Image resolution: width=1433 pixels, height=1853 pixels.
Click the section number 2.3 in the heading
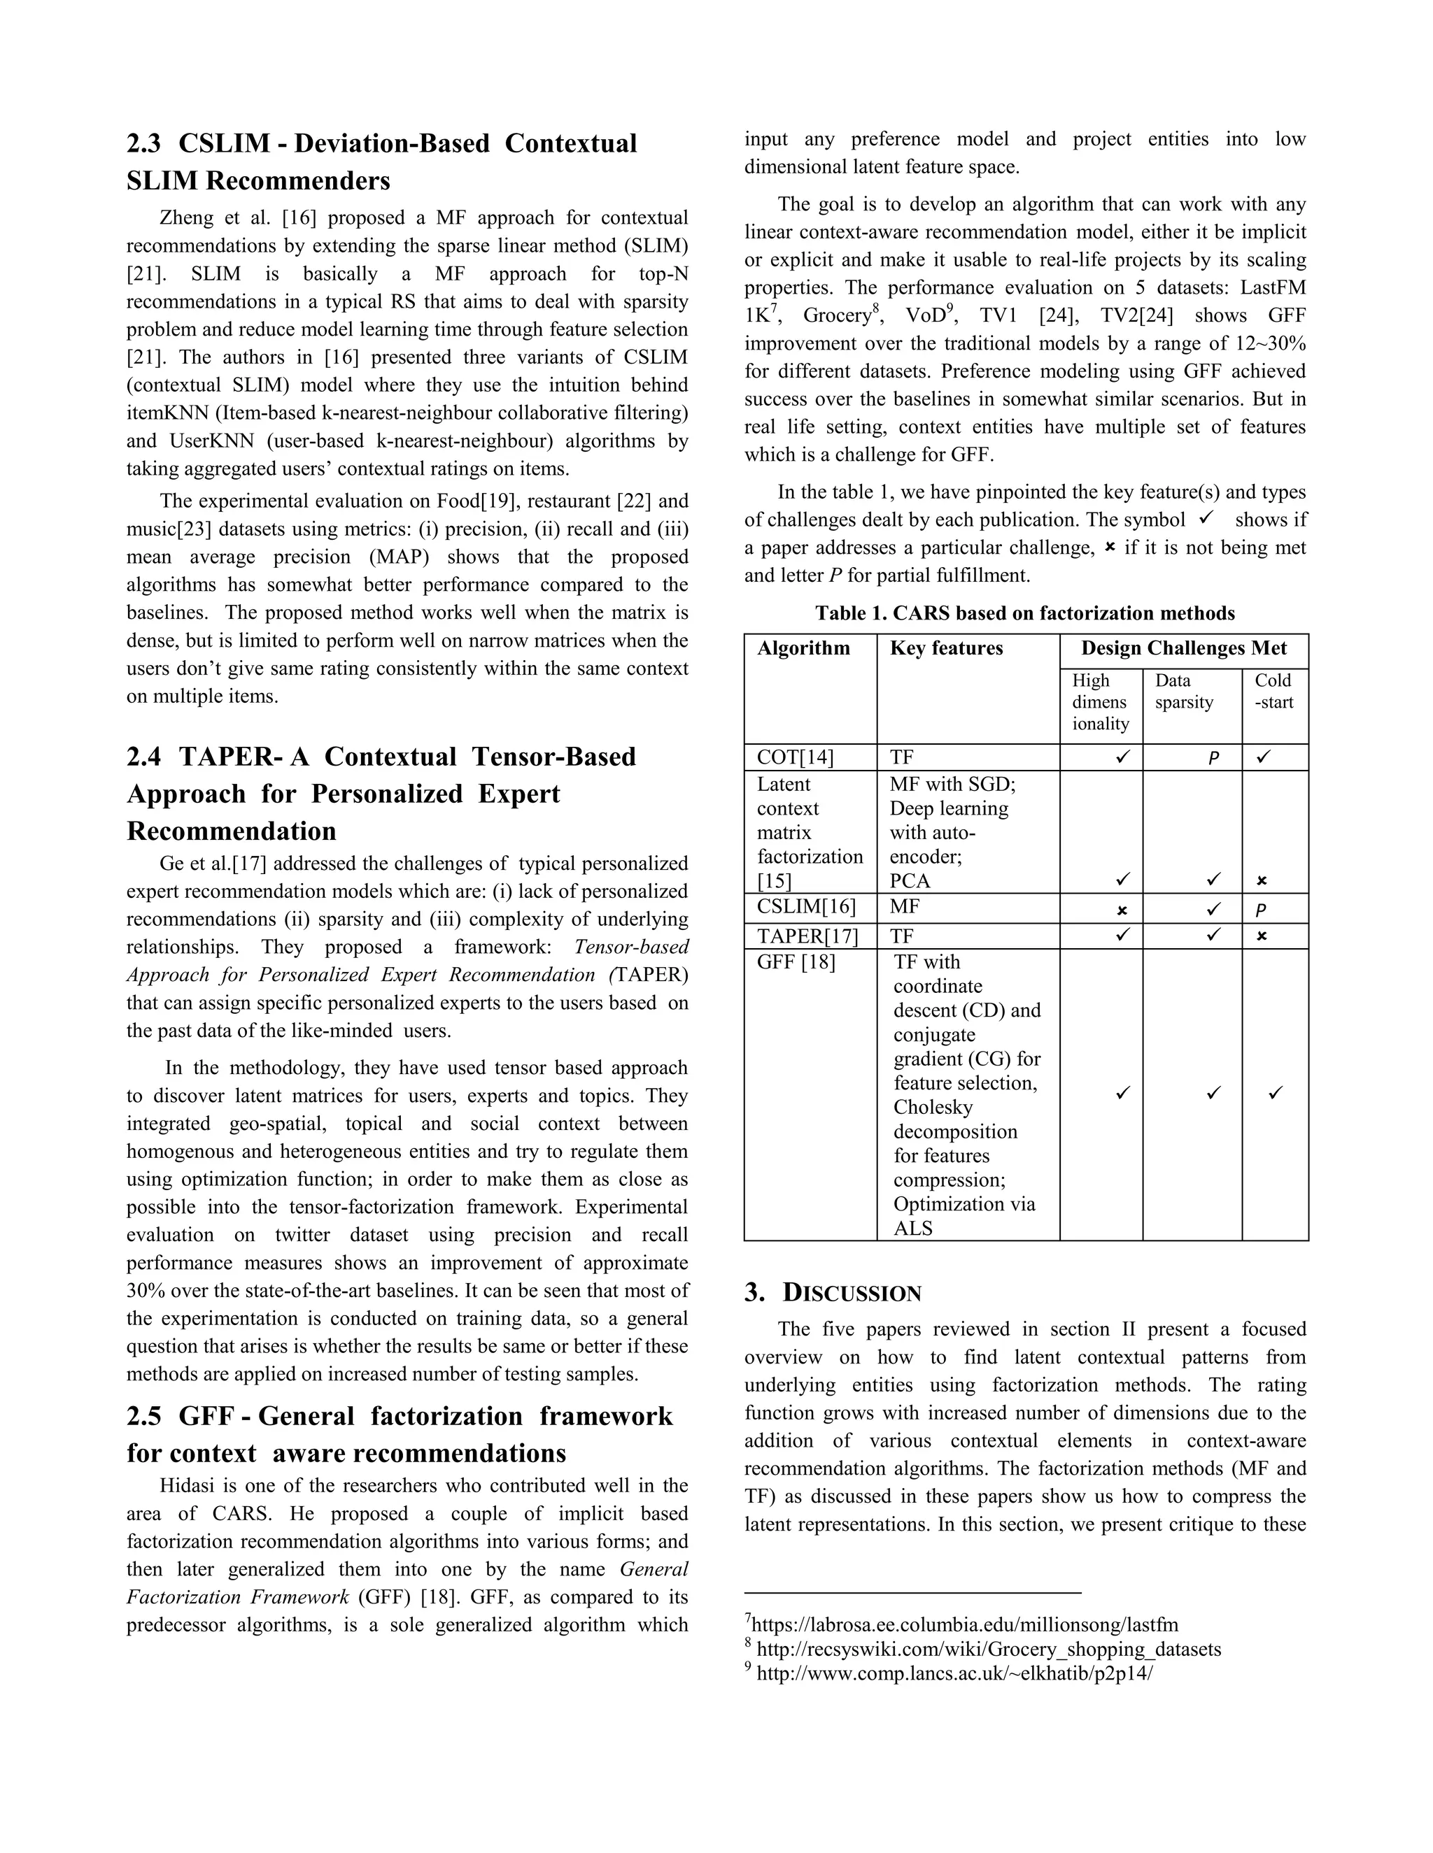coord(143,143)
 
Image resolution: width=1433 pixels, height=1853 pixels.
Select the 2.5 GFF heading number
coord(143,1416)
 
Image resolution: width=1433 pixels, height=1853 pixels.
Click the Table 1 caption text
coord(1024,613)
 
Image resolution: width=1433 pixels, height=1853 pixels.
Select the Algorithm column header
coord(803,648)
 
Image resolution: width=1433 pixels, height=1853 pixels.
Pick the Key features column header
coord(946,648)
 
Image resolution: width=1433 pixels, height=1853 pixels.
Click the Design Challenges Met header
coord(1183,648)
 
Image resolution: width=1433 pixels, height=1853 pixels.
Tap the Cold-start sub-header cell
coord(1273,692)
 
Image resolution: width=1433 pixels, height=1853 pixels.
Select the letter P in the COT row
coord(1213,759)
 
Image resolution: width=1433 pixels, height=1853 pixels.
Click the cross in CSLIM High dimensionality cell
coord(1122,910)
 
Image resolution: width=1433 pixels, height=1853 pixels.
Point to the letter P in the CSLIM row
coord(1261,910)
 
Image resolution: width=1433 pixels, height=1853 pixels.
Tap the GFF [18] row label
coord(796,962)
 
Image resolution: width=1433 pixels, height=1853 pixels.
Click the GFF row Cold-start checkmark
coord(1275,1094)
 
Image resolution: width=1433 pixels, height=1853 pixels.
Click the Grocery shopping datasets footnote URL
coord(988,1650)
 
